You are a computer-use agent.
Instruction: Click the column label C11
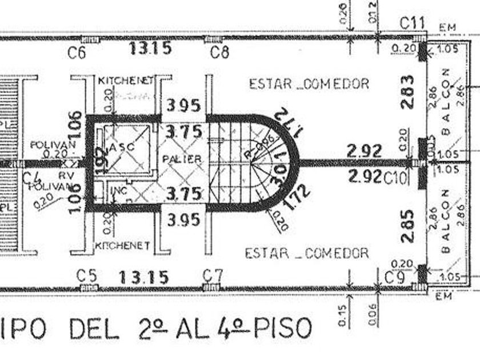[x=411, y=23]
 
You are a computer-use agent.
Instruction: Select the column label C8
[x=219, y=53]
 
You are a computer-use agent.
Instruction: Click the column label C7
[x=213, y=275]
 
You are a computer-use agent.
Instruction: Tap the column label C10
[x=395, y=177]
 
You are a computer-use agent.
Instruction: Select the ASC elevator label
[x=122, y=146]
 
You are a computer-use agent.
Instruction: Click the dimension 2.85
[x=407, y=227]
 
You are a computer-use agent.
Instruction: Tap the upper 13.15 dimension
[x=150, y=48]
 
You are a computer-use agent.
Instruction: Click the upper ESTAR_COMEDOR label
[x=309, y=83]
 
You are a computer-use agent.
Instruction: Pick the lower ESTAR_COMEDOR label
[x=307, y=253]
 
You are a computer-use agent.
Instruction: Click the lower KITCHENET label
[x=122, y=246]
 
